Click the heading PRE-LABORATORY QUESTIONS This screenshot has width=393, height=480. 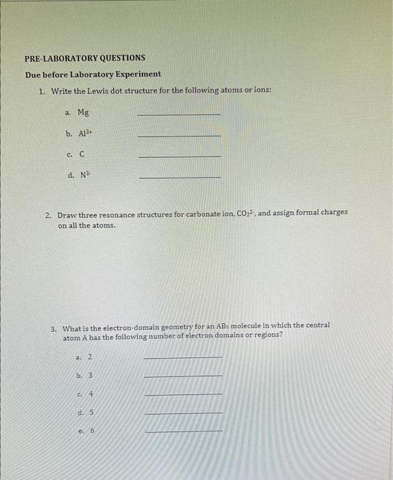tap(84, 58)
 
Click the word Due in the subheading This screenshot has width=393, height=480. tap(34, 74)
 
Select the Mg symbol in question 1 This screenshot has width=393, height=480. tap(82, 112)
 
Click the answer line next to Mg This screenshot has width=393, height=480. tap(180, 115)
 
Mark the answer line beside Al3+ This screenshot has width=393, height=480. tap(180, 136)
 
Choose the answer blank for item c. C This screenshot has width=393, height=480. tap(180, 157)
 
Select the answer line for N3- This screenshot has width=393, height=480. tap(180, 178)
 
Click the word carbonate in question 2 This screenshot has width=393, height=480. tap(200, 214)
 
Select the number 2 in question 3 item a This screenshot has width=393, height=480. tap(90, 357)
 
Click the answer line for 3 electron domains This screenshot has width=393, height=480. tap(184, 376)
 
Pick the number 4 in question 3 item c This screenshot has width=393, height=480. tap(90, 394)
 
